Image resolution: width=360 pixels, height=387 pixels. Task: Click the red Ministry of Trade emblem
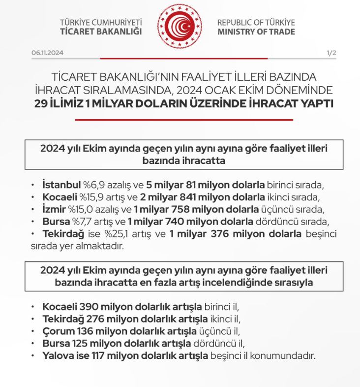(x=180, y=26)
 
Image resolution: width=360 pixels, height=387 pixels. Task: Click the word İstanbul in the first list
(x=61, y=185)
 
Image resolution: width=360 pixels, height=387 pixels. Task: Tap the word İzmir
(x=54, y=208)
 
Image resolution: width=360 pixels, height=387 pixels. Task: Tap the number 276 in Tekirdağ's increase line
(x=89, y=318)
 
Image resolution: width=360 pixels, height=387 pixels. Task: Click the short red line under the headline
(x=184, y=120)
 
